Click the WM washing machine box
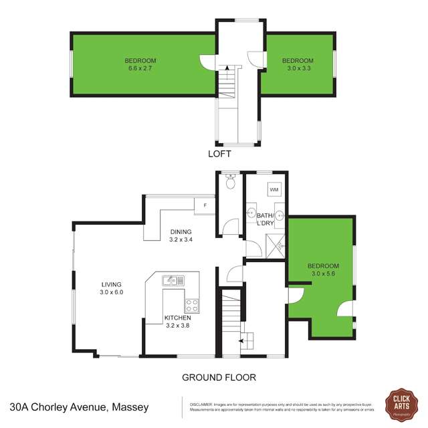click(274, 189)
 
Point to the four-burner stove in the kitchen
click(192, 306)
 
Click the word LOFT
click(219, 154)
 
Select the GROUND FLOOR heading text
click(219, 377)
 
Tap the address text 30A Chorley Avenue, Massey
click(79, 407)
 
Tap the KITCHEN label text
click(177, 318)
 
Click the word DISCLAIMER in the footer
click(201, 404)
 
